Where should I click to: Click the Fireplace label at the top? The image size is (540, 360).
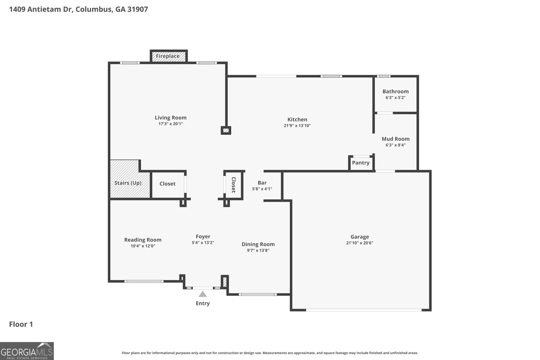click(x=167, y=56)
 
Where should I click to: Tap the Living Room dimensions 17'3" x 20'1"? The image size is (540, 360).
click(x=171, y=124)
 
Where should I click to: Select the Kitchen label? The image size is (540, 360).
click(x=297, y=120)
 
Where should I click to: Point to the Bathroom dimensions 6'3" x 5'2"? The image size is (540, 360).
click(x=396, y=98)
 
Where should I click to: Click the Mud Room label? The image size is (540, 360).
click(x=396, y=139)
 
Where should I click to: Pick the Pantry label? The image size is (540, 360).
click(x=361, y=163)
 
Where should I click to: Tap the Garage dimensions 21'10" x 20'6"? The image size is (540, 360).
click(x=360, y=243)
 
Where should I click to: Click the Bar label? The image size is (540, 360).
click(x=262, y=183)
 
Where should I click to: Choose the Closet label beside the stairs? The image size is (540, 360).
click(x=167, y=184)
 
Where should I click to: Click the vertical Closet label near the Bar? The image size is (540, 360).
click(x=233, y=185)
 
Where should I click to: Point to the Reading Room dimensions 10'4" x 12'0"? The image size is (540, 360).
click(x=143, y=246)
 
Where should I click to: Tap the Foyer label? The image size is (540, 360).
click(x=203, y=236)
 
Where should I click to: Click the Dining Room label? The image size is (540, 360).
click(x=258, y=244)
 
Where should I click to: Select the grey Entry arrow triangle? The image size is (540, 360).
click(x=203, y=294)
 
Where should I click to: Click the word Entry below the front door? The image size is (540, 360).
click(x=203, y=303)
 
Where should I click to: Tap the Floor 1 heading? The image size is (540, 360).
click(x=21, y=324)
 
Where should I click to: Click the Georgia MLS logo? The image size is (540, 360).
click(x=27, y=351)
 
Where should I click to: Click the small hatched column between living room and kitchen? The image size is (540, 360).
click(x=226, y=131)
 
